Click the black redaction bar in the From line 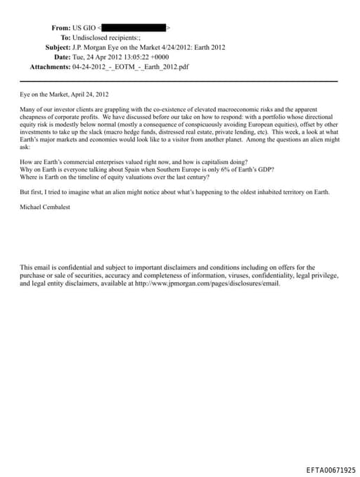pos(135,27)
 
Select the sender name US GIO pos(87,27)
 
